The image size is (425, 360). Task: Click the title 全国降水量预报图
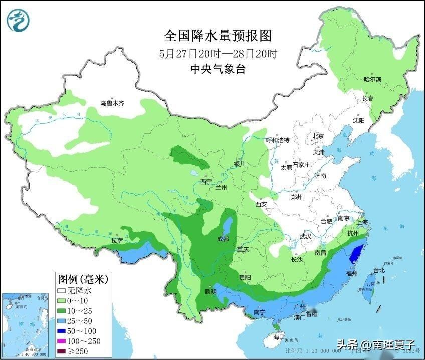pos(218,36)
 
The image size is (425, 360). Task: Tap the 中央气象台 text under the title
pos(218,70)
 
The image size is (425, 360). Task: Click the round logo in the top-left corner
pos(18,19)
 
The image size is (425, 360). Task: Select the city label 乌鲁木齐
pos(111,103)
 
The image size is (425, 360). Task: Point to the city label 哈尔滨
pos(372,79)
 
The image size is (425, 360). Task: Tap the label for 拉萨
pos(117,240)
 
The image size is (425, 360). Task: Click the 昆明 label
pos(210,291)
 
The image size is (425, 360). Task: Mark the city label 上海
pos(362,222)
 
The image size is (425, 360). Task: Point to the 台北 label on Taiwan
pos(379,270)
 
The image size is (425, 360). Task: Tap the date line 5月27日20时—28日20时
pos(218,53)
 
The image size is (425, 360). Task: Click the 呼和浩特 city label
pos(277,140)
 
